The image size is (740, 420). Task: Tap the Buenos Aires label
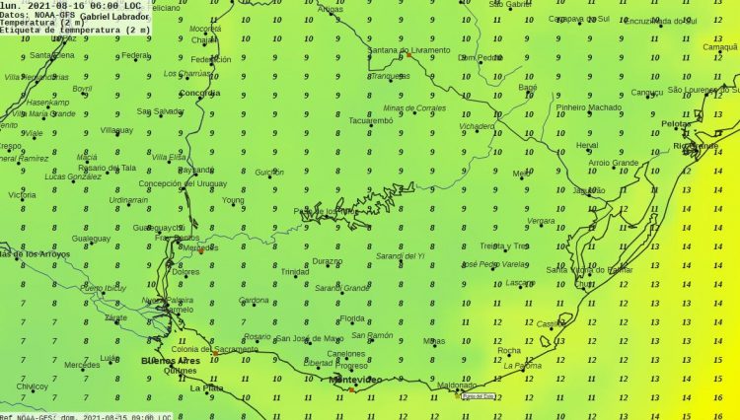[172, 361]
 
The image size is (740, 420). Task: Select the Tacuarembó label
[371, 120]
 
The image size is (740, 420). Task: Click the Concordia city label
[199, 94]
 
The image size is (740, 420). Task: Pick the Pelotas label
[677, 123]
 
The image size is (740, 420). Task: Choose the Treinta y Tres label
[503, 245]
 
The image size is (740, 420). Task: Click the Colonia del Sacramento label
[214, 350]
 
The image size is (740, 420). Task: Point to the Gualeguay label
[91, 239]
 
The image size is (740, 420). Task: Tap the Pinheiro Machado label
[589, 106]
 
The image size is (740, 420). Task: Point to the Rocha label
[509, 350]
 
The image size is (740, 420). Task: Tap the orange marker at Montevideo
[351, 389]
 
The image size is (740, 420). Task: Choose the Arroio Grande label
[614, 163]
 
